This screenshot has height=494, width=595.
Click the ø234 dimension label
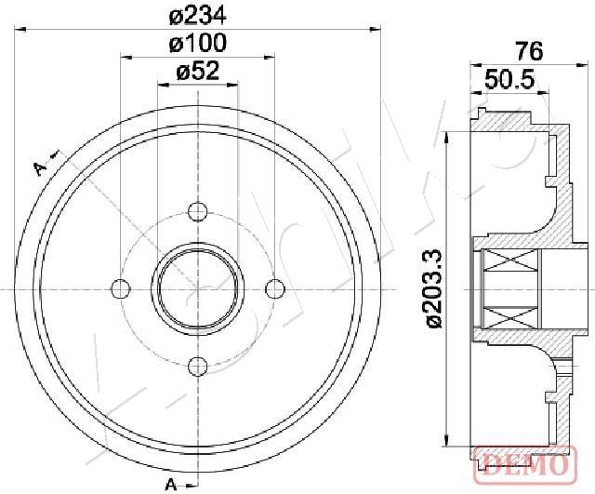197,16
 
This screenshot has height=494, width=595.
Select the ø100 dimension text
197,44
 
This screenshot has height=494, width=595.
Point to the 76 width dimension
529,51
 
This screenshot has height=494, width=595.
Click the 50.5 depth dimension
509,79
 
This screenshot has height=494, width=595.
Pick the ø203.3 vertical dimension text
434,288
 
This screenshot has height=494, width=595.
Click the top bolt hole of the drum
198,211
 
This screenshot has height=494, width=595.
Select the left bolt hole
121,289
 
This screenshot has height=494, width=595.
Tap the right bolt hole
275,289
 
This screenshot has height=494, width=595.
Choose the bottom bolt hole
198,367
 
